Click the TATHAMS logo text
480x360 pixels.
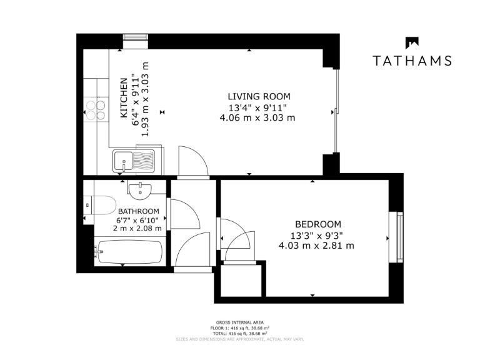tap(412, 61)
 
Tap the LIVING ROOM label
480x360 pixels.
tap(259, 96)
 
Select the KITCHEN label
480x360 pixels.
tap(124, 98)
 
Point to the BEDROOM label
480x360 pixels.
tap(317, 224)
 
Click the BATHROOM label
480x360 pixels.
tap(138, 211)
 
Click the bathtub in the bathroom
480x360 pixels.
tap(128, 253)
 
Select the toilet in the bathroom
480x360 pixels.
tap(100, 205)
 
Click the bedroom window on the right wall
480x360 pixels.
tap(397, 237)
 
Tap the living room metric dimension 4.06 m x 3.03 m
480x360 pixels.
tap(257, 117)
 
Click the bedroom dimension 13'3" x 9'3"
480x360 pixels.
tap(317, 235)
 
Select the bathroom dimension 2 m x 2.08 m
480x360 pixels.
tap(137, 229)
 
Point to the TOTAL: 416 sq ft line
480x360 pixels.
tap(240, 333)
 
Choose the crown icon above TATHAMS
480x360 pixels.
tap(412, 42)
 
